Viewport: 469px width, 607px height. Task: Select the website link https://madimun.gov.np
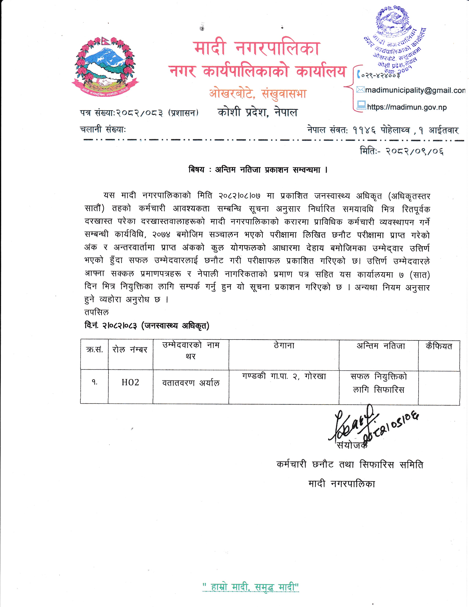406,107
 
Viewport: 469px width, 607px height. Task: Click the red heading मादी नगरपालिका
257,48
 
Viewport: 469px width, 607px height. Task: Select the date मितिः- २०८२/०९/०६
402,151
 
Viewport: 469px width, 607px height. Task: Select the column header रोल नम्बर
130,350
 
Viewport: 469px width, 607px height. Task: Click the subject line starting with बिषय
258,170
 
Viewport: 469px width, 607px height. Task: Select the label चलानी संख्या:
103,129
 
